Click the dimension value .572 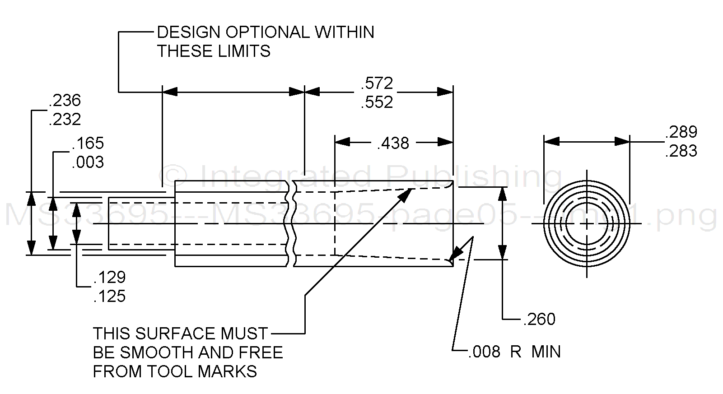point(377,83)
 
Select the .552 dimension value point(377,102)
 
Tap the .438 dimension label point(393,144)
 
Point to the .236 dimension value point(65,100)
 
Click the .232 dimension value point(65,120)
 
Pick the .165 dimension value point(88,144)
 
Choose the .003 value point(88,162)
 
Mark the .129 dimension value point(110,277)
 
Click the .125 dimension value point(110,297)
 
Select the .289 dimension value point(681,132)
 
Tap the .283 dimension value point(681,151)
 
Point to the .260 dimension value point(539,320)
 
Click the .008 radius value point(484,352)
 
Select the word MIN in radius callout point(546,352)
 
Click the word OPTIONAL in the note point(267,32)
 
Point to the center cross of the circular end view point(587,224)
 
